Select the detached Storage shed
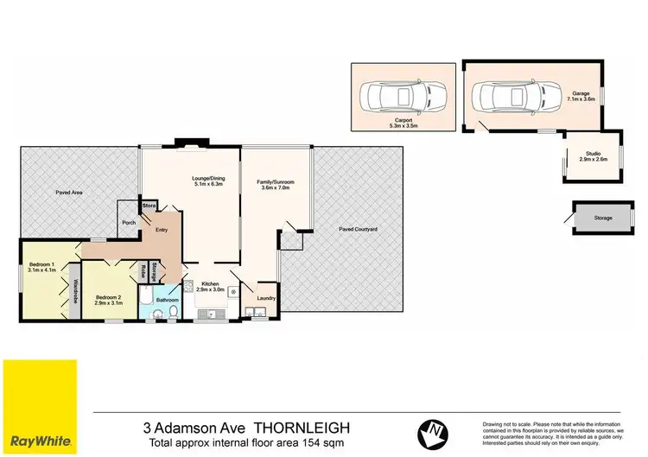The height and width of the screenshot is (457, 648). (x=602, y=218)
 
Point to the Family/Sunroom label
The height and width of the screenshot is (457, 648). (x=275, y=185)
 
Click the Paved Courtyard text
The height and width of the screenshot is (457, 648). (x=358, y=229)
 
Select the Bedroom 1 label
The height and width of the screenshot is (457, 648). (x=41, y=266)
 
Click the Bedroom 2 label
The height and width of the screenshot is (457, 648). (x=109, y=300)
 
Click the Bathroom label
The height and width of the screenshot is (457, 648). (x=168, y=300)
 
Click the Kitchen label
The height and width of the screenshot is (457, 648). (x=212, y=287)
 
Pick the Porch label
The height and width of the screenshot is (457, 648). (x=129, y=223)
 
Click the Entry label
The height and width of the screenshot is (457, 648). (x=162, y=230)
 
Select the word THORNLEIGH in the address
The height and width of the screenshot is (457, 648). (x=308, y=426)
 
